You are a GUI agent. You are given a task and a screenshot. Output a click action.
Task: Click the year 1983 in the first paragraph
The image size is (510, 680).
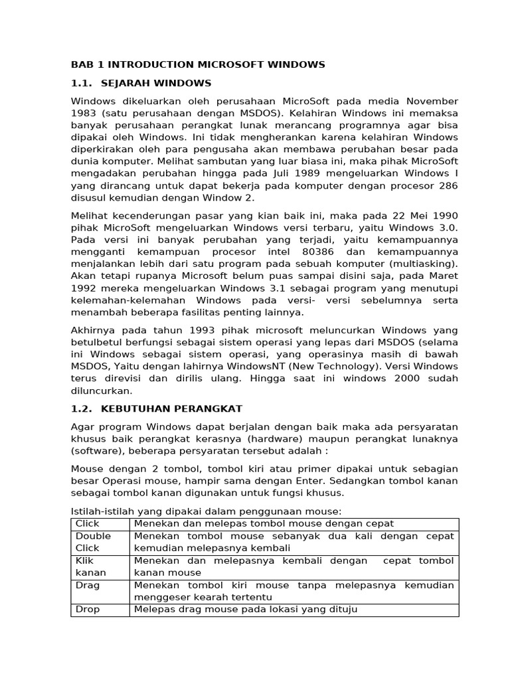tap(84, 113)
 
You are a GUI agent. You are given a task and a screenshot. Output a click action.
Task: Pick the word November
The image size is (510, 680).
tap(432, 101)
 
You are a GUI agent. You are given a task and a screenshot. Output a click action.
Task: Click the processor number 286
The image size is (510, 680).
tap(448, 186)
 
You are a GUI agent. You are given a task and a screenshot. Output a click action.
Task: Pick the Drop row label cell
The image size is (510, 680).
tap(100, 609)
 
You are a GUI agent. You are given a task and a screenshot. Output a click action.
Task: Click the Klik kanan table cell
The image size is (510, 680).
tap(100, 566)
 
